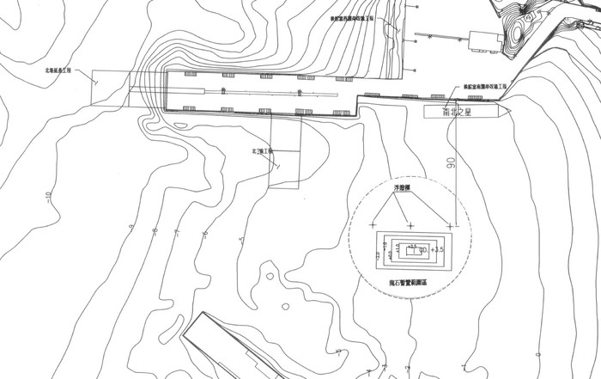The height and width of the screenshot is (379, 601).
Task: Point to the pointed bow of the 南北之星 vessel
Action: (x=509, y=111)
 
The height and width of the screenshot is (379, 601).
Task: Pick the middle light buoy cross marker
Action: (x=410, y=225)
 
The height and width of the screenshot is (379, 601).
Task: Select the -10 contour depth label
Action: (x=49, y=199)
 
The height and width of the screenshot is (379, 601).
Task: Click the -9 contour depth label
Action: (x=131, y=227)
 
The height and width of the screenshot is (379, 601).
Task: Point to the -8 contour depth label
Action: (x=155, y=230)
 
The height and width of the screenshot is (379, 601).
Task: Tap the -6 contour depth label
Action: (x=204, y=233)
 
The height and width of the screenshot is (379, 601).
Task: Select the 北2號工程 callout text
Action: (x=262, y=151)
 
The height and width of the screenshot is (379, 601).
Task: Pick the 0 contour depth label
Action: (x=338, y=351)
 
